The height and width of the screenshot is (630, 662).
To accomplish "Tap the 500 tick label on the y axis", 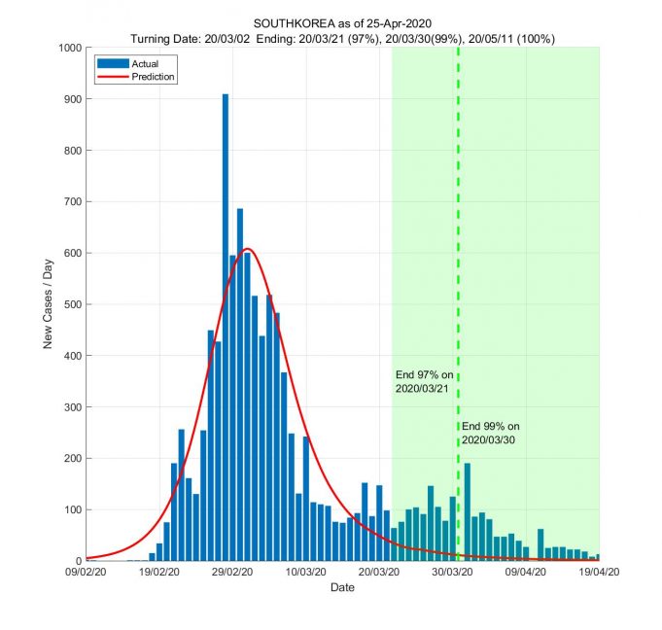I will click(73, 304).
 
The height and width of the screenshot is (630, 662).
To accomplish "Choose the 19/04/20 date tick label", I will click(600, 573).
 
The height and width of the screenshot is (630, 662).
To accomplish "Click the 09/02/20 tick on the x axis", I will click(87, 573).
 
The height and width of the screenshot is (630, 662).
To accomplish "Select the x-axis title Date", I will click(342, 588).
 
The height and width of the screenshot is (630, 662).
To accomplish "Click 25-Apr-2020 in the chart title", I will click(400, 23).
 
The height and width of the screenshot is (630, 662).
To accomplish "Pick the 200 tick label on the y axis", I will click(73, 458).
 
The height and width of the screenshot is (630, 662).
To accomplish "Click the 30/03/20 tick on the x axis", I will click(453, 573).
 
